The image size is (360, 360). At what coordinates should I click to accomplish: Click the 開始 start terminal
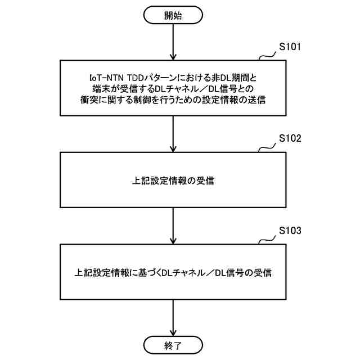tap(173, 15)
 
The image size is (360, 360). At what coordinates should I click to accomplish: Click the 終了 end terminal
tap(173, 344)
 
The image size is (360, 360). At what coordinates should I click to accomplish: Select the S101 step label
tap(290, 47)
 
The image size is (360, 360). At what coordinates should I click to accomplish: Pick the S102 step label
tap(290, 138)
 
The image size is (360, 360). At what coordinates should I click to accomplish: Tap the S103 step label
tap(290, 231)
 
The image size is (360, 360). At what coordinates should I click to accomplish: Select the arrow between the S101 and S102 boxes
tap(173, 133)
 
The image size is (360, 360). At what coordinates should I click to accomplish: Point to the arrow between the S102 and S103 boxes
tap(173, 225)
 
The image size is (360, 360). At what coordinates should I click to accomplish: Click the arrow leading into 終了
tap(173, 317)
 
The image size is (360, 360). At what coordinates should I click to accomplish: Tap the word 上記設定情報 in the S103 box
tap(101, 272)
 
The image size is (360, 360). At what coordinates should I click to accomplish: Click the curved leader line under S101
tap(266, 56)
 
